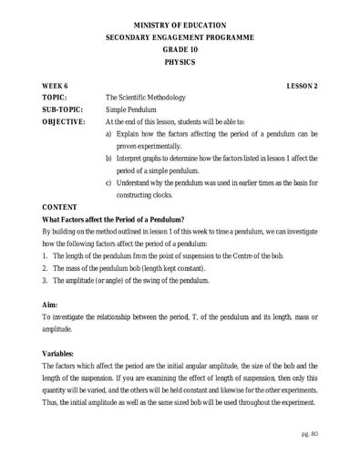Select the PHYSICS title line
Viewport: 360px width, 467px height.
(x=180, y=62)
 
